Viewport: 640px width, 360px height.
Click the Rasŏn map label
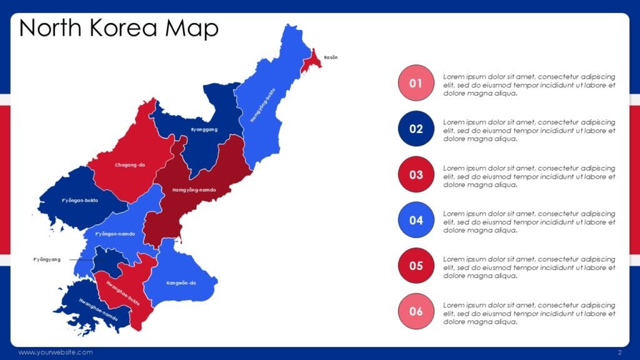click(331, 57)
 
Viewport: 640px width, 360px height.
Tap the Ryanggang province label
click(204, 129)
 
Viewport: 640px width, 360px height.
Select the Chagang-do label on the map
click(130, 165)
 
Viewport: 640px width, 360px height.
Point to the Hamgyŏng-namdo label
click(194, 189)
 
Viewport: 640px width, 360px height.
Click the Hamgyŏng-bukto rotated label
click(262, 104)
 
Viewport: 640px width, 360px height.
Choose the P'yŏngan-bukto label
click(80, 201)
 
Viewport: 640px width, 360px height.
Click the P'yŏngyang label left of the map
click(47, 259)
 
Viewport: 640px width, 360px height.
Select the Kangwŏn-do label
click(181, 283)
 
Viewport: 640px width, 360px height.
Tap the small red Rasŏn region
click(312, 61)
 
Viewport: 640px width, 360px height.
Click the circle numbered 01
click(416, 83)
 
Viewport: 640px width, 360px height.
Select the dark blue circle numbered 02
click(416, 129)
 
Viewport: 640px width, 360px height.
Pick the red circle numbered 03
click(416, 175)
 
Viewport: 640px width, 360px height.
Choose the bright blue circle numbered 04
click(416, 221)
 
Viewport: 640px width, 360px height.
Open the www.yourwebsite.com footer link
click(56, 352)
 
